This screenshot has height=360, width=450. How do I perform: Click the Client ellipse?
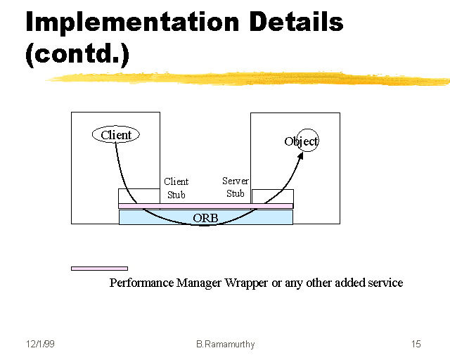[x=116, y=134]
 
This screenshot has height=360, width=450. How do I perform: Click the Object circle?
[x=307, y=141]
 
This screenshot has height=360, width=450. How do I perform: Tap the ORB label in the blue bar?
[x=205, y=218]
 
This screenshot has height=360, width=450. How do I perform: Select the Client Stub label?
[x=176, y=188]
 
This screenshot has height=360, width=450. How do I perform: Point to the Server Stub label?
[x=236, y=187]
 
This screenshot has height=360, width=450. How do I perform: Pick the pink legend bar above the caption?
[x=99, y=268]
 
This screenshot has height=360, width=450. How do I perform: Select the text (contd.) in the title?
[x=77, y=55]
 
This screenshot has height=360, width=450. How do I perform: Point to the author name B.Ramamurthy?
[x=226, y=344]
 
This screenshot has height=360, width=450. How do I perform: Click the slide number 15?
[x=416, y=344]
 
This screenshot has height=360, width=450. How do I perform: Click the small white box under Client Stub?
[x=139, y=196]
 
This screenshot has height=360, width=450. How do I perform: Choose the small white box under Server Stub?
[x=272, y=196]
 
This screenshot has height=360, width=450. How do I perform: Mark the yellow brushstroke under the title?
[x=246, y=77]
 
